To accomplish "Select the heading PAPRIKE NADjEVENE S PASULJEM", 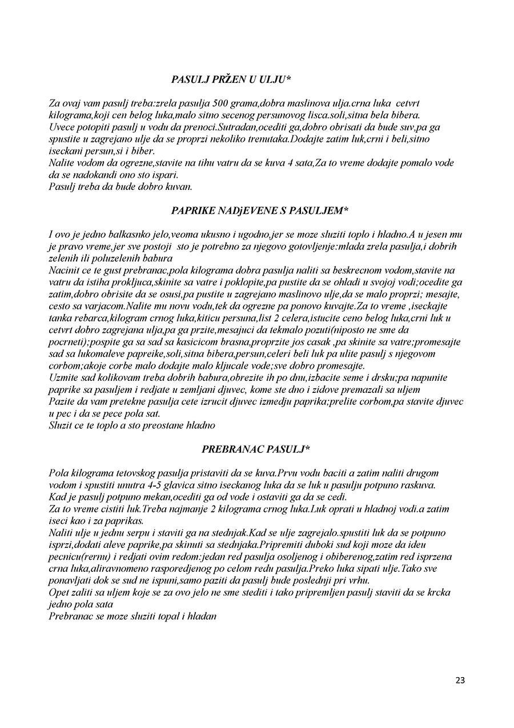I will click(x=260, y=211).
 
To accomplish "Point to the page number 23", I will click(x=460, y=680).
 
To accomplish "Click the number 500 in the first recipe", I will click(x=221, y=104).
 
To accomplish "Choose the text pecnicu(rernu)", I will click(x=77, y=556).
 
